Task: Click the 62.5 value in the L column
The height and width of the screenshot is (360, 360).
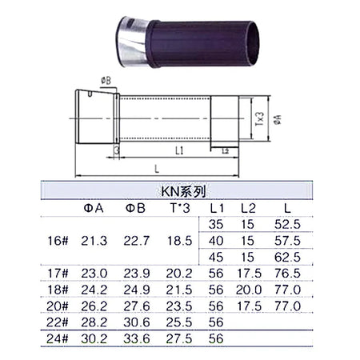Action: point(286,257)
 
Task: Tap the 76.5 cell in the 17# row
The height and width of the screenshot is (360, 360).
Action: point(286,273)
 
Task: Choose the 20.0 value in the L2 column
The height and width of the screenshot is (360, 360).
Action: point(249,290)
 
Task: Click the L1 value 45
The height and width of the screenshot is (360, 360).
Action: point(217,257)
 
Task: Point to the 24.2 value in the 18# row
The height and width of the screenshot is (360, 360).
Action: point(94,290)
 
